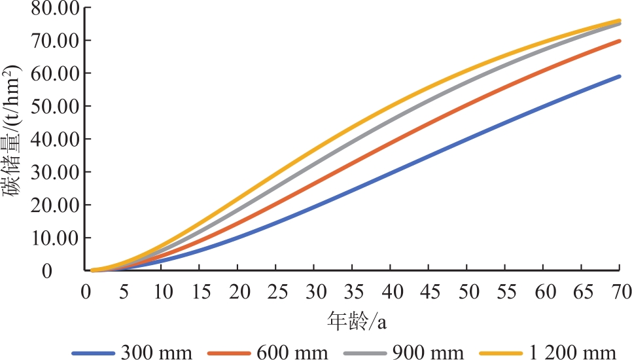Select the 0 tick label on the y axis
[65, 270]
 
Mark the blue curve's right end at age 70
[619, 77]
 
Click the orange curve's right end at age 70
[619, 41]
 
